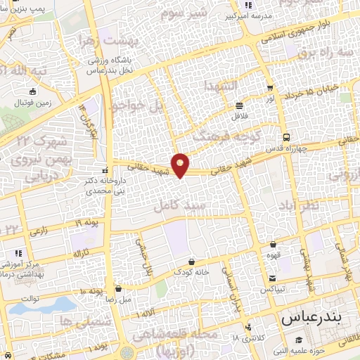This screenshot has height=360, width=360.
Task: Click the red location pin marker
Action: coord(181,165)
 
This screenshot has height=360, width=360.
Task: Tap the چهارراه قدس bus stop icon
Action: coord(285,137)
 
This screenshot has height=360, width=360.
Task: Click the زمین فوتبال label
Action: coord(32,103)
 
